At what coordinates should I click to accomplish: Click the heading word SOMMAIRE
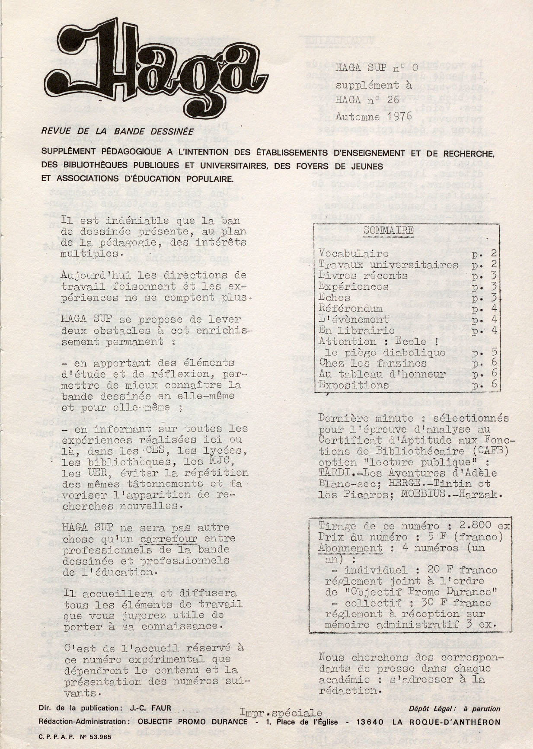(x=388, y=230)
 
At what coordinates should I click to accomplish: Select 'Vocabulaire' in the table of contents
(x=353, y=253)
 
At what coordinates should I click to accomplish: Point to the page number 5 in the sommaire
(x=494, y=352)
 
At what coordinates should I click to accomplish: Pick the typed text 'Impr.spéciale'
(x=281, y=712)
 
